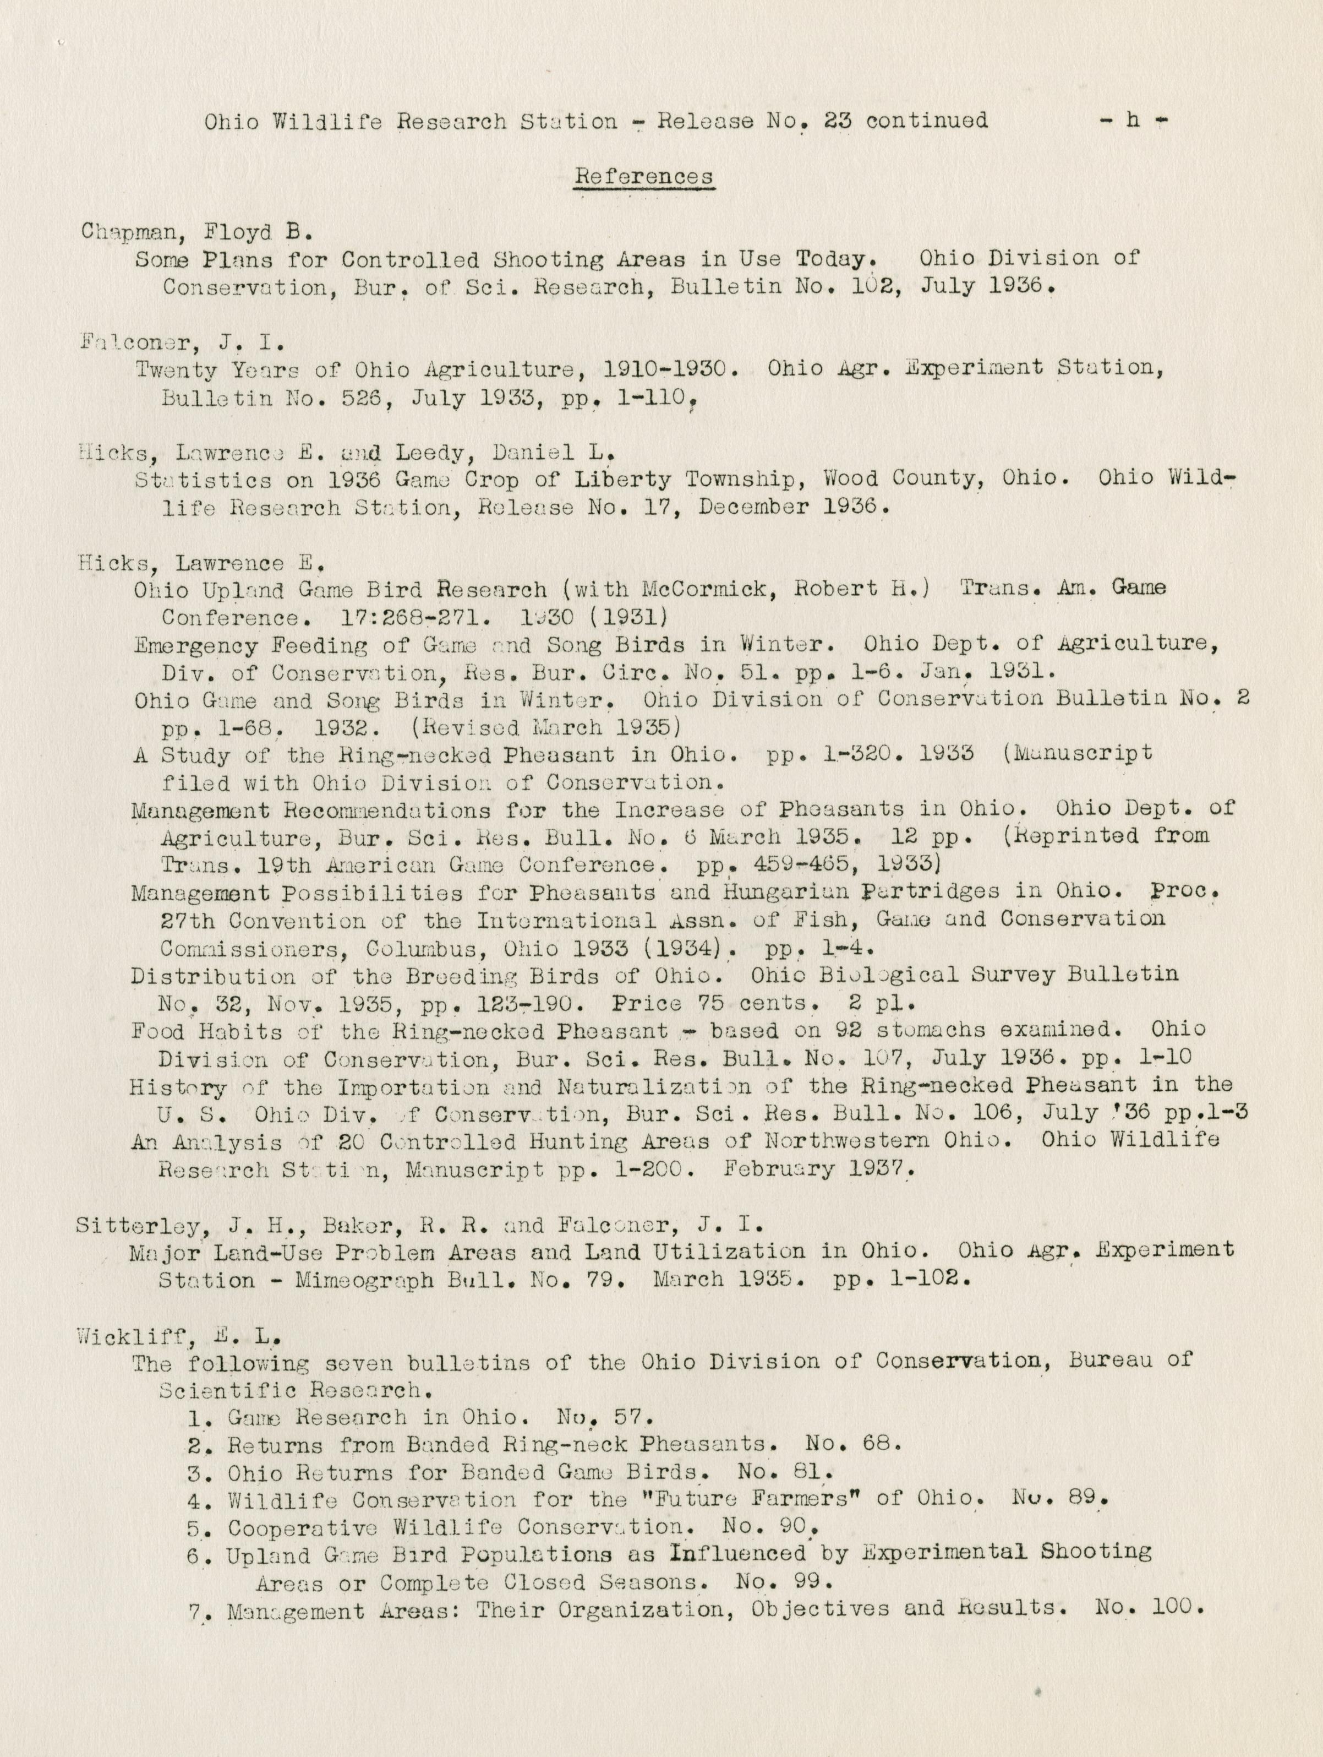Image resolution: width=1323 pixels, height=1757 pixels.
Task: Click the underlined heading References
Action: [643, 176]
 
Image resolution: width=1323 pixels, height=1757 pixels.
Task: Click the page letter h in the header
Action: [1133, 120]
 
